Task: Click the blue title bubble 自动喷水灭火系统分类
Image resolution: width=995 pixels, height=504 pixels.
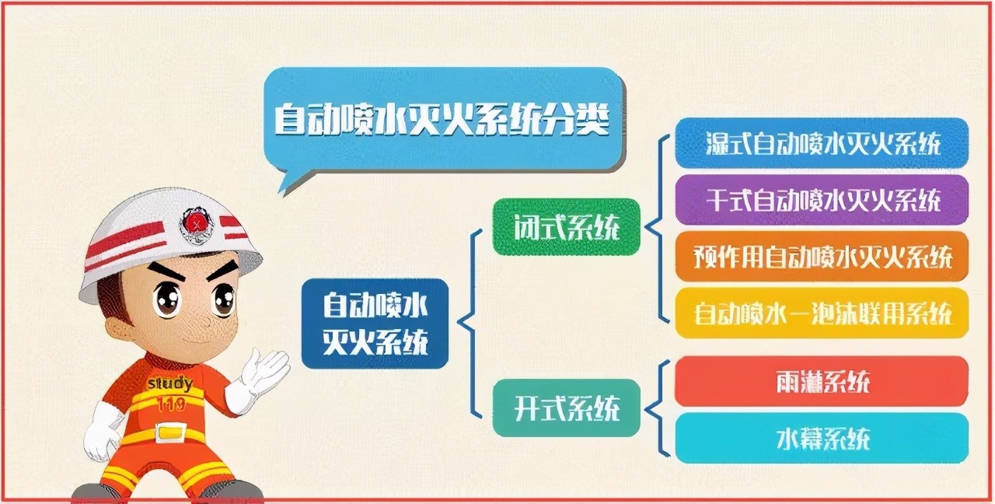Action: (443, 120)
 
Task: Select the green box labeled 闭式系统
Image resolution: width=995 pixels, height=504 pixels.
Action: (567, 227)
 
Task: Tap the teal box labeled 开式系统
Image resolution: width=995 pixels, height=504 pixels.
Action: (567, 408)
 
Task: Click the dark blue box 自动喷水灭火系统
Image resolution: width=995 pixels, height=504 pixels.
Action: (375, 324)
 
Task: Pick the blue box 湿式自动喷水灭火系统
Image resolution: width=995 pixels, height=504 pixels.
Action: (822, 143)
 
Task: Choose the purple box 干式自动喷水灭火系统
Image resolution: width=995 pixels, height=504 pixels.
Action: (822, 200)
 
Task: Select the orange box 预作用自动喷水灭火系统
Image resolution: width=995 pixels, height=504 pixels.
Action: (822, 257)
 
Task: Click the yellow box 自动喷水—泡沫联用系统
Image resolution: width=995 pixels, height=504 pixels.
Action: (822, 313)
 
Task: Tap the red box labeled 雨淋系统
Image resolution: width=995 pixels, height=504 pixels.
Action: (822, 381)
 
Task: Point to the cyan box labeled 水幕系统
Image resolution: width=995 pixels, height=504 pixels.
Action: (822, 438)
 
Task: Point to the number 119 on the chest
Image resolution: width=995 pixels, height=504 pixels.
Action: (171, 404)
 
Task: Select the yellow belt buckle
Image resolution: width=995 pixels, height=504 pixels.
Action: (171, 432)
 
